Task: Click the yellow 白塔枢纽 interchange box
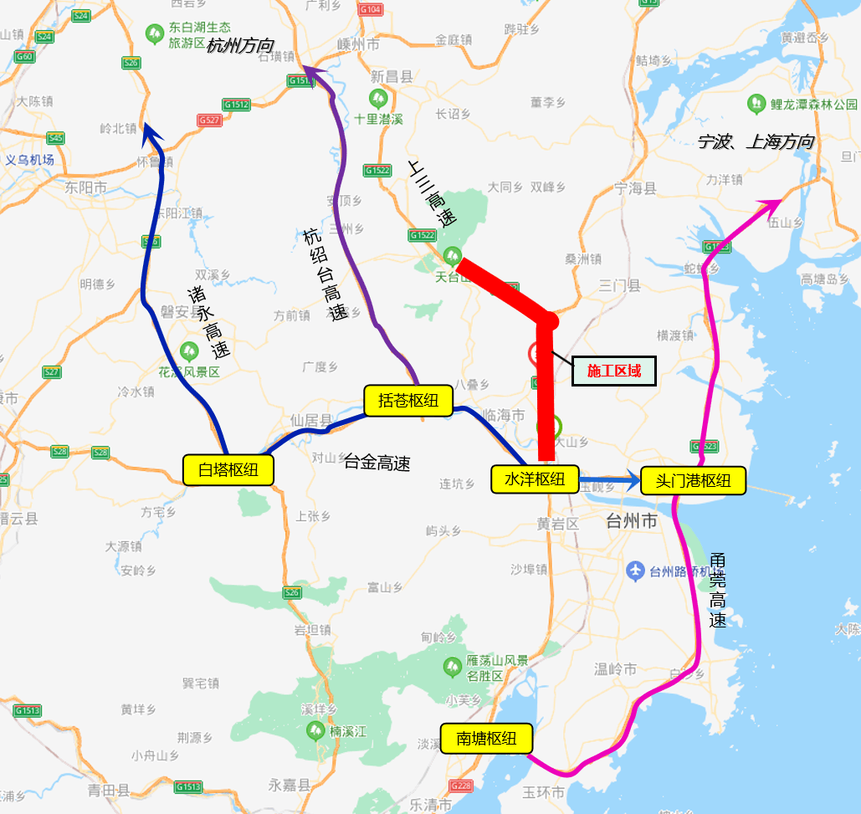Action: pos(228,469)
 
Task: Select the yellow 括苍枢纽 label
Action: pos(407,400)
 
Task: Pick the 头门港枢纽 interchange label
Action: pos(692,480)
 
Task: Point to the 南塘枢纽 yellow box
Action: pos(487,739)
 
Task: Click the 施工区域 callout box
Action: pos(613,371)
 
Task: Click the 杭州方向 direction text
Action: pos(240,46)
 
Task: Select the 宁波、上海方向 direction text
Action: pos(756,141)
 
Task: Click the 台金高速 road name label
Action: pos(377,463)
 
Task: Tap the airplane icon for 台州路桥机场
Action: pos(634,571)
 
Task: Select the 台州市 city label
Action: pos(631,522)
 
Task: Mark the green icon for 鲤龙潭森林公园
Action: pos(756,104)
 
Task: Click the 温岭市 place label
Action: pos(615,669)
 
